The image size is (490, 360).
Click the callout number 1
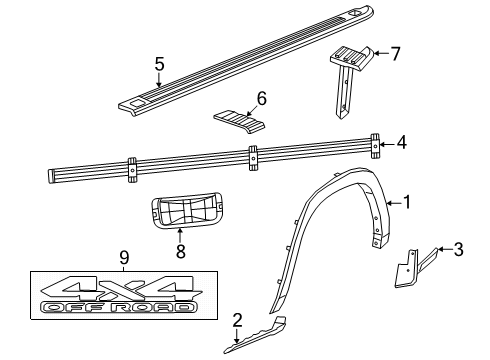tap(406, 202)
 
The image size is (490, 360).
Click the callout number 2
tap(237, 319)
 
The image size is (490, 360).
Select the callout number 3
tap(458, 249)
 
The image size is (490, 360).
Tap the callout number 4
tap(401, 143)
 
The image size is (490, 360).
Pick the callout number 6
tap(261, 99)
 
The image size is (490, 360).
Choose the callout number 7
tap(394, 53)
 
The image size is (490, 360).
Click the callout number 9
tap(124, 258)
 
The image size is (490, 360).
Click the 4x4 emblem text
tap(111, 290)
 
